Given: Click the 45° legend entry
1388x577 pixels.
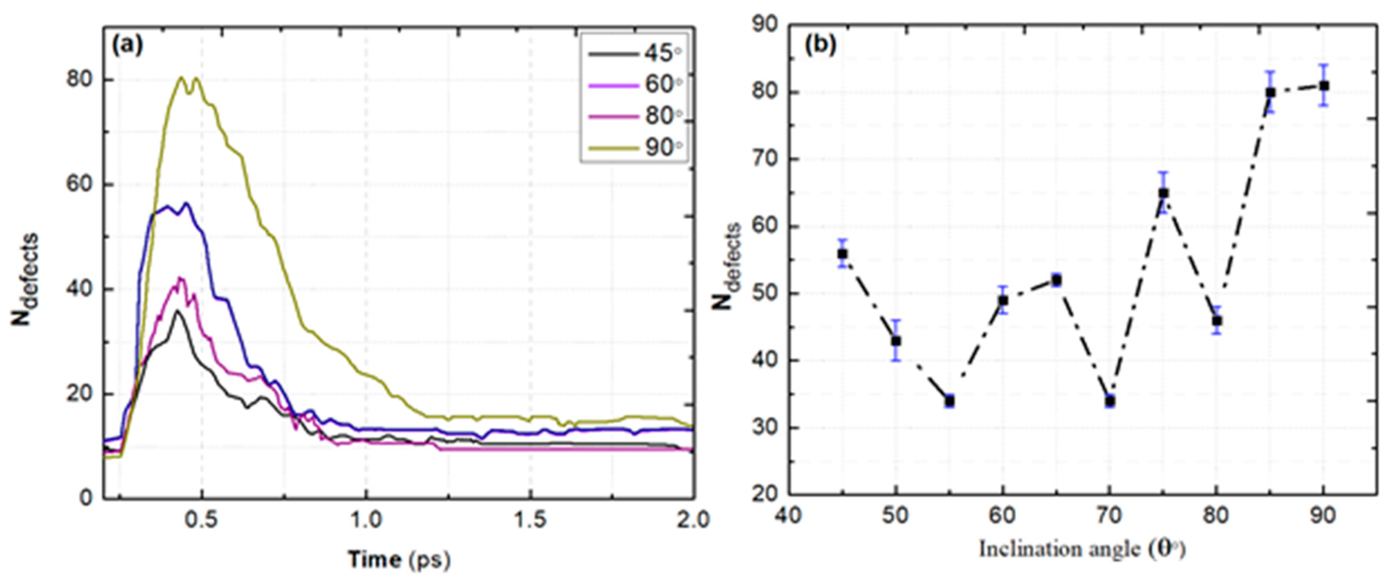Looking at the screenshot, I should [636, 54].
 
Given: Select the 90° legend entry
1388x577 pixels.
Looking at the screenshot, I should [636, 147].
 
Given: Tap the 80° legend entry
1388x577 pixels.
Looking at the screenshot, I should [636, 116].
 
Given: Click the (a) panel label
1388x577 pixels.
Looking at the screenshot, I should [127, 45].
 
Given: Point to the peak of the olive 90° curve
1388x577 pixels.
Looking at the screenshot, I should [181, 78].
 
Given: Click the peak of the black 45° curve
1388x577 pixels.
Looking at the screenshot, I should [177, 311].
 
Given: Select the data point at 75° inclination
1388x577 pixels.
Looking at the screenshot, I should [1163, 193].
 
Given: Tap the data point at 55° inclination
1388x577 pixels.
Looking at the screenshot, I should [950, 401].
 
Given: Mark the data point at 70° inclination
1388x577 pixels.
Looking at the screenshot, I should [1110, 401].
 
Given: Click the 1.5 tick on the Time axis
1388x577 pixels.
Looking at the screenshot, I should [530, 520].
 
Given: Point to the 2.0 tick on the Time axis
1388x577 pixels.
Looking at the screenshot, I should [693, 520].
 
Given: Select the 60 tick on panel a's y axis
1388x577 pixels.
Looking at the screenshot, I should [78, 184].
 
